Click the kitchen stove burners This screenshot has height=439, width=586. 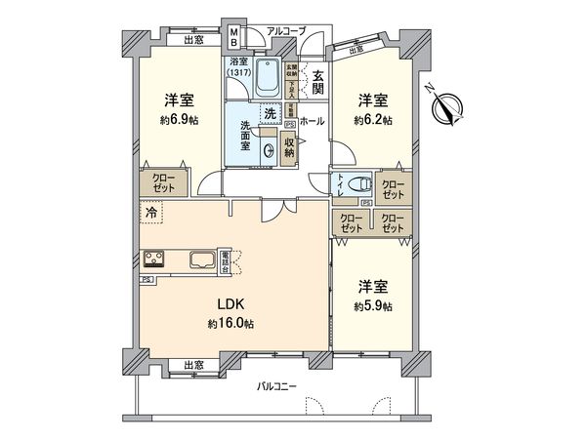pyautogui.click(x=156, y=259)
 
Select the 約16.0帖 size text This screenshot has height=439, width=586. pyautogui.click(x=225, y=324)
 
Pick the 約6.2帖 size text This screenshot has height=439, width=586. pyautogui.click(x=374, y=120)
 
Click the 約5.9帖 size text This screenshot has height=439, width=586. pyautogui.click(x=374, y=306)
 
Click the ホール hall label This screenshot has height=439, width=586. pyautogui.click(x=312, y=121)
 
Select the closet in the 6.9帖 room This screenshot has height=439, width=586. pyautogui.click(x=163, y=183)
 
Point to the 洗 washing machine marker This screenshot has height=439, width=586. pyautogui.click(x=268, y=113)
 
